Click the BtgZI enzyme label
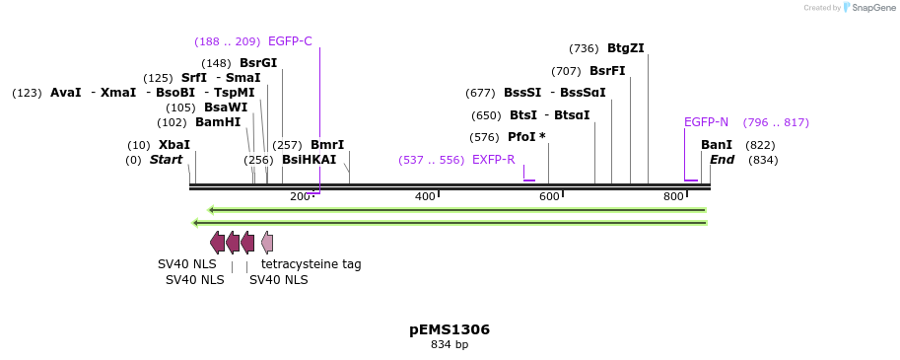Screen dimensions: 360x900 625,48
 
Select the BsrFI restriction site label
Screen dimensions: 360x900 607,71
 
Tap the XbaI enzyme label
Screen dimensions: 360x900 174,145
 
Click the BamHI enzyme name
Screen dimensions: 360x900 218,122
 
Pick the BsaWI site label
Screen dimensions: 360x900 226,108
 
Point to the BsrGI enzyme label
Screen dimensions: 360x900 258,63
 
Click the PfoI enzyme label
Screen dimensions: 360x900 526,137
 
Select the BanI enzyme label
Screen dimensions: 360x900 717,145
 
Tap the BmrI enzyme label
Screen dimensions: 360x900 327,145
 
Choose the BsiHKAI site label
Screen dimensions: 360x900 309,160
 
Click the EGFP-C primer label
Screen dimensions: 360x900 290,41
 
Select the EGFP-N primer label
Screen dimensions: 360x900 706,122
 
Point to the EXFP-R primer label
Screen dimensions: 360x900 493,160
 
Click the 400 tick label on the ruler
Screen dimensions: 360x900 425,197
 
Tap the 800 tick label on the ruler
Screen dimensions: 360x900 673,197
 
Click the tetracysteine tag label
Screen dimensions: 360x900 311,264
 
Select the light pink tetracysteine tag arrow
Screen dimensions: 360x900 267,243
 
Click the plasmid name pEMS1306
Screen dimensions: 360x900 450,329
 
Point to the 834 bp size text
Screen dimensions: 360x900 450,345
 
